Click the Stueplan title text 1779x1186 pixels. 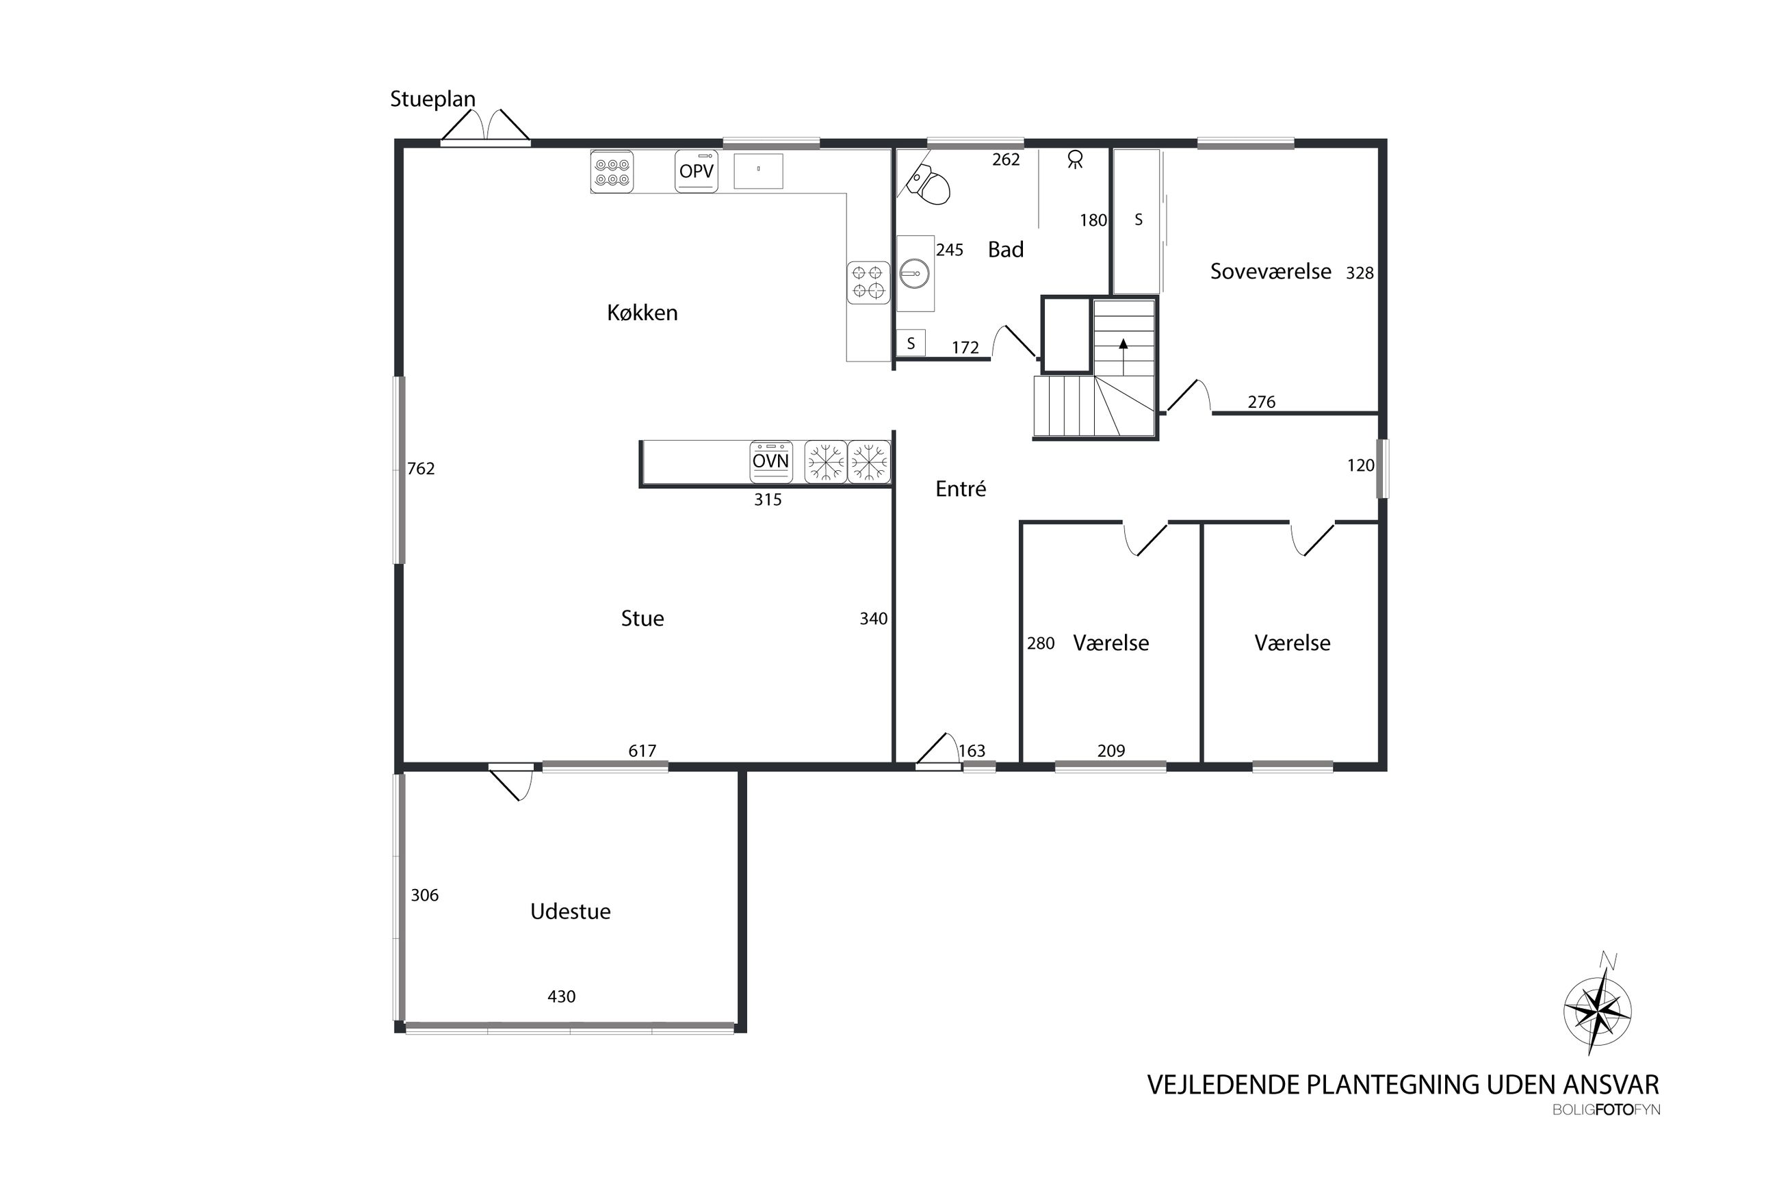[432, 99]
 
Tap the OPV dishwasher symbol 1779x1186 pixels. [696, 172]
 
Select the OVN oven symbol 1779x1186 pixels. [770, 461]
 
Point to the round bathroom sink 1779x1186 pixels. [915, 273]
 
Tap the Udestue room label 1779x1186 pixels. [570, 912]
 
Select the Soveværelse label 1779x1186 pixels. [1270, 272]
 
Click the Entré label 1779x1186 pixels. [960, 489]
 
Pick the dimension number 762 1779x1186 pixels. [420, 469]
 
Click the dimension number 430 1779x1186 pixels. [561, 997]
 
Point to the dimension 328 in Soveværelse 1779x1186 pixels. [1360, 273]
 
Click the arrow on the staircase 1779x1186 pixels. [1124, 357]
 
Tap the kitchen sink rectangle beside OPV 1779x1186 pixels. [757, 171]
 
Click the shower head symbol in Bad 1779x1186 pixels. [1074, 159]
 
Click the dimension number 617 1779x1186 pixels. [642, 751]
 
